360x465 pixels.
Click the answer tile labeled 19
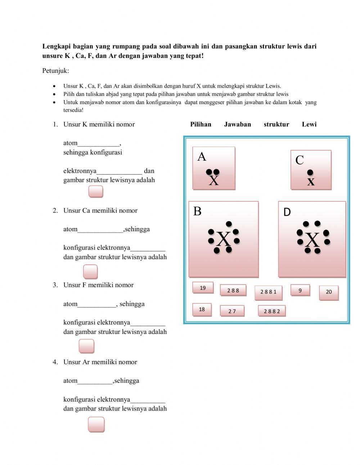coord(203,288)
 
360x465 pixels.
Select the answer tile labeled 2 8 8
coord(233,290)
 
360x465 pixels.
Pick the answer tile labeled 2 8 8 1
coord(268,292)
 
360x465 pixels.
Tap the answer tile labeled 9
coord(300,290)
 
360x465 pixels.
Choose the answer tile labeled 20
coord(329,292)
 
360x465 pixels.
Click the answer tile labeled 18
coord(202,309)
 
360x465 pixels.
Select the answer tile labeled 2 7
coord(232,311)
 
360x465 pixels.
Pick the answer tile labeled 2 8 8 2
coord(271,311)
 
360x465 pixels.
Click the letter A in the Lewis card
coord(202,157)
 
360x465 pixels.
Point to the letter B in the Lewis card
coord(197,211)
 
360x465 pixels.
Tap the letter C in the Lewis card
coord(299,160)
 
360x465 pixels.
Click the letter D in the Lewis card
coord(287,212)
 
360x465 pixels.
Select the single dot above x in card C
coord(310,173)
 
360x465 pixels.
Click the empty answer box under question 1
coord(96,192)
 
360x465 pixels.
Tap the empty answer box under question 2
coord(90,272)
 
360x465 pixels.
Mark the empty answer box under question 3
coord(86,346)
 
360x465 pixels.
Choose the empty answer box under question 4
coord(96,424)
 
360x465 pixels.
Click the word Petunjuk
coord(55,71)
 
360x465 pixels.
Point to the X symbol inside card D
coord(312,240)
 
